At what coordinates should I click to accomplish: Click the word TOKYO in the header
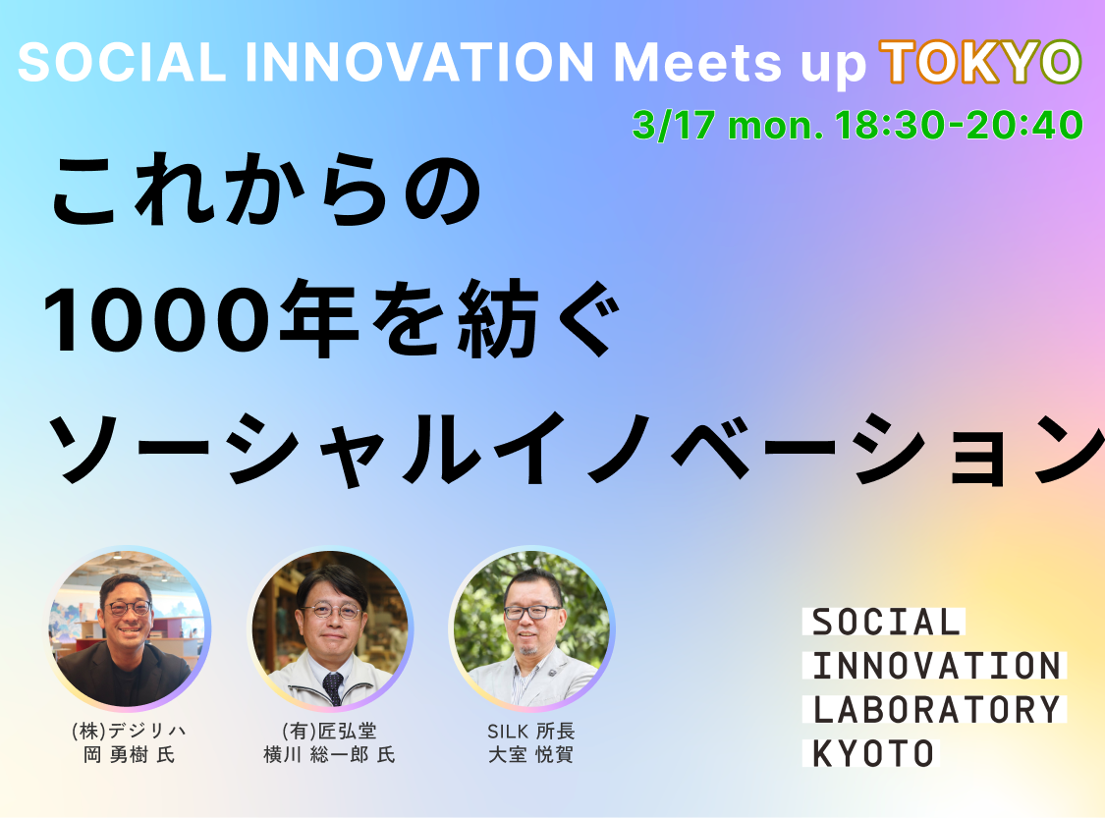tap(979, 62)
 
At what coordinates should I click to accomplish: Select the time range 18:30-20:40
tap(958, 125)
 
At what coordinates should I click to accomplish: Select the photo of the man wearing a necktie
tap(330, 629)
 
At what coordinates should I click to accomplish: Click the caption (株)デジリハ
tap(130, 731)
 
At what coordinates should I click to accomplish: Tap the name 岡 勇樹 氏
tap(130, 755)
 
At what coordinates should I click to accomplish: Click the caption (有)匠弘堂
tap(329, 731)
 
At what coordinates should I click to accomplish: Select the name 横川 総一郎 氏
tap(329, 755)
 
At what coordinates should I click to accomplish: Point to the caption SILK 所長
tap(530, 731)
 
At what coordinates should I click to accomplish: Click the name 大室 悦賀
tap(530, 755)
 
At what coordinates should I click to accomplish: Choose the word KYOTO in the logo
tap(873, 753)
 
